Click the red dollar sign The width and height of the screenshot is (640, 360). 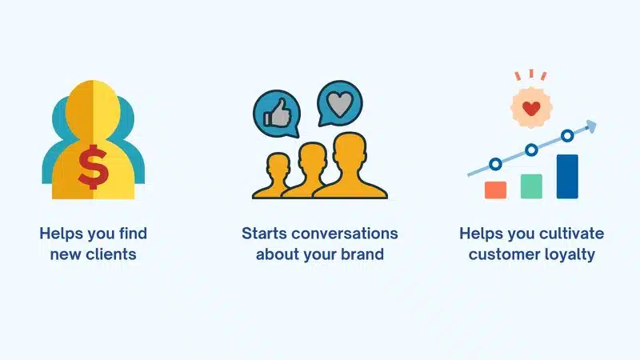click(x=94, y=167)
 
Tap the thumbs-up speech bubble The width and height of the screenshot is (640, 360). click(x=277, y=113)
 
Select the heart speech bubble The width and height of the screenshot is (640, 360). click(x=339, y=103)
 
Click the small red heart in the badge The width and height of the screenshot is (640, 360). click(x=531, y=109)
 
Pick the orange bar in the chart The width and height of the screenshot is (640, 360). click(x=495, y=190)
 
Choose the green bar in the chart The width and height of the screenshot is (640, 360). click(x=531, y=186)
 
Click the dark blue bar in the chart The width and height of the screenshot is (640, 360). click(x=567, y=177)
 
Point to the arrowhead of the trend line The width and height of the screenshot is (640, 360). click(x=591, y=126)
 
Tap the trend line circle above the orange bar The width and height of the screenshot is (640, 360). click(x=495, y=165)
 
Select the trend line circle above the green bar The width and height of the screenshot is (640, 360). click(x=531, y=150)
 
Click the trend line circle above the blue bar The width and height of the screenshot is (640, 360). click(x=567, y=135)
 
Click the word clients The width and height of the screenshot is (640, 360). click(x=110, y=254)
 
